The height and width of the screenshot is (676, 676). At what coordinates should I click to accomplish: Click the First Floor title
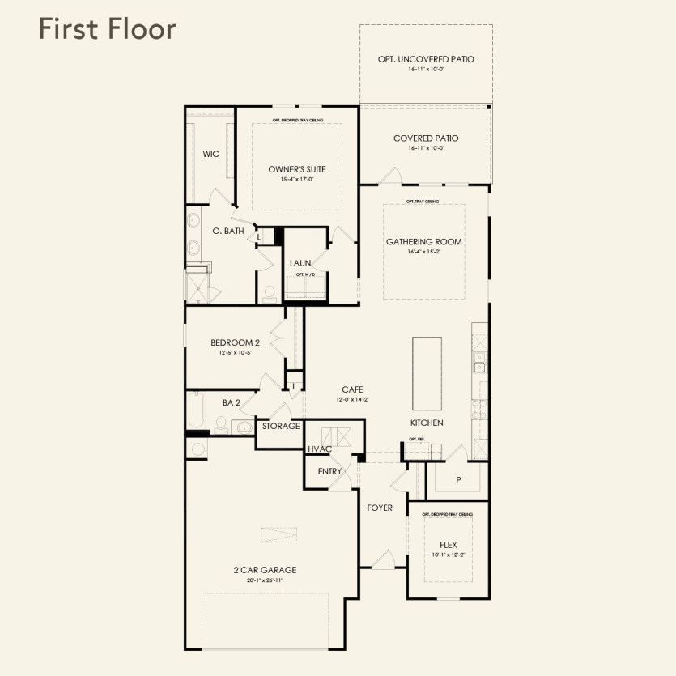[x=107, y=29]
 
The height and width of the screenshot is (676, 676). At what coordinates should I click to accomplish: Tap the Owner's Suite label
[x=297, y=169]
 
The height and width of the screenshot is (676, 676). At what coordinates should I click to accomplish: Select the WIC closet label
[x=210, y=154]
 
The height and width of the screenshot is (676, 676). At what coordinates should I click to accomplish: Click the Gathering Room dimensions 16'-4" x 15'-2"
[x=423, y=252]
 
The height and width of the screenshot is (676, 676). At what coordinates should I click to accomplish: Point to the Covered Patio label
[x=426, y=138]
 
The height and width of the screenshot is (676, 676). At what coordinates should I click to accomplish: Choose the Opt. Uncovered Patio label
[x=426, y=59]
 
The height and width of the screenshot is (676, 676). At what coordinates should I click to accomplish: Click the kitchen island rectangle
[x=428, y=374]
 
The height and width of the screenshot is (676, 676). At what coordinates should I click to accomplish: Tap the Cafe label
[x=351, y=390]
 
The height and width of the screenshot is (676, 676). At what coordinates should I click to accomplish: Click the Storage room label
[x=281, y=426]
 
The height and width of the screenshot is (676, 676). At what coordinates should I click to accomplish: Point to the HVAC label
[x=320, y=449]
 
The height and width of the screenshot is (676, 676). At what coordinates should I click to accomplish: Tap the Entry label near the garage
[x=329, y=471]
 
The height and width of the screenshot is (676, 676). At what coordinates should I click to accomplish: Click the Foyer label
[x=380, y=508]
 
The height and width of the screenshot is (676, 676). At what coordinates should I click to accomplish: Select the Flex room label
[x=448, y=545]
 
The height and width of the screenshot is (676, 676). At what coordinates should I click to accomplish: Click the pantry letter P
[x=458, y=480]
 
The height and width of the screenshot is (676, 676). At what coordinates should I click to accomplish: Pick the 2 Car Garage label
[x=265, y=570]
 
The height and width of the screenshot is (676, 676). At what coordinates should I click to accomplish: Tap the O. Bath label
[x=228, y=231]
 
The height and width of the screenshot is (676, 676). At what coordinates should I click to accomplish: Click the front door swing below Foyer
[x=383, y=559]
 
